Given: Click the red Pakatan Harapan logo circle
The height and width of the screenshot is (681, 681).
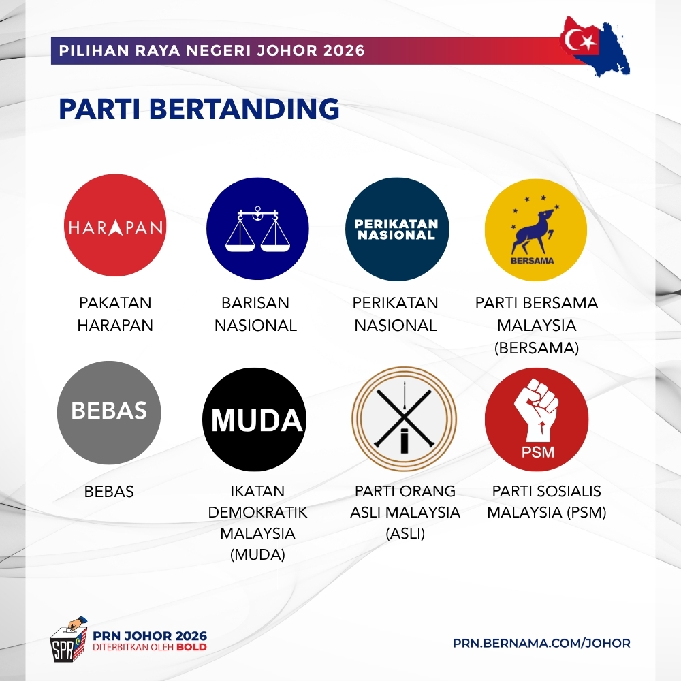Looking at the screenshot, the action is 115,225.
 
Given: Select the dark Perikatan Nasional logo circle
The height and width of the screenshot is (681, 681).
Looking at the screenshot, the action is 397,229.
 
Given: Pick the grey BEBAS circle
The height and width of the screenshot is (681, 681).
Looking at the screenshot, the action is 109,413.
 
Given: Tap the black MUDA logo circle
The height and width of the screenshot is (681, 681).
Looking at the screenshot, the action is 255,419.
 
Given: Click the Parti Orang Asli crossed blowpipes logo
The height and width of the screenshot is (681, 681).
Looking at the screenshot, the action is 405,419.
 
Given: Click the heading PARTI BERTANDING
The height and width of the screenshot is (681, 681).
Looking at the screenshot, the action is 199,108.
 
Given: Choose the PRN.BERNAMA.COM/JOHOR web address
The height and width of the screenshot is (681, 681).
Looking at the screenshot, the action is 541,644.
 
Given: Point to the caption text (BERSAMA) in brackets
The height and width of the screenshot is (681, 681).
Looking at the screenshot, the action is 537,348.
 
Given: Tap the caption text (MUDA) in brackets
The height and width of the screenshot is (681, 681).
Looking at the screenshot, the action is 257,554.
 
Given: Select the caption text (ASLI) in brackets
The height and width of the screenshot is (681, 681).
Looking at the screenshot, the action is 405,533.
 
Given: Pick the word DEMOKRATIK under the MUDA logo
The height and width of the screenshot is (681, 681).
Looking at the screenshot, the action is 257,513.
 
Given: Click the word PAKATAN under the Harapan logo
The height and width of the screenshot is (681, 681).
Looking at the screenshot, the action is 115,303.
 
